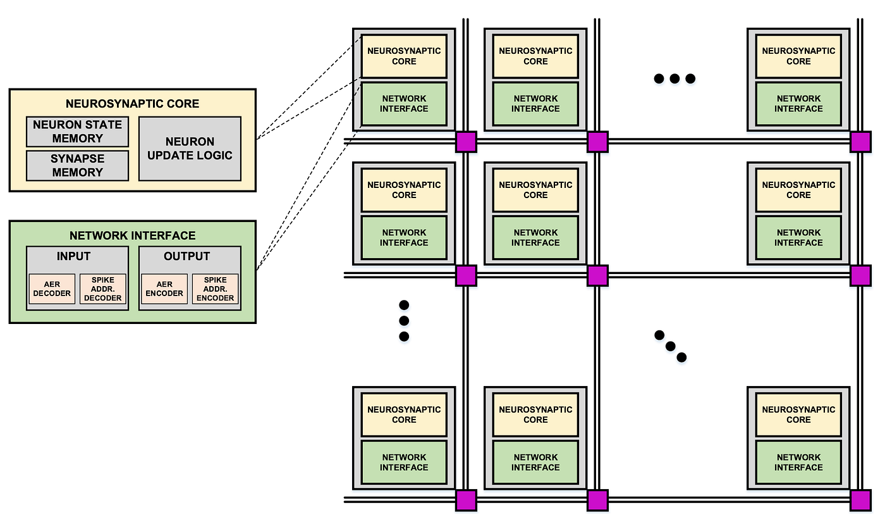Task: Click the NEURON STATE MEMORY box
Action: [77, 132]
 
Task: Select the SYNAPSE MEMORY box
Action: [77, 165]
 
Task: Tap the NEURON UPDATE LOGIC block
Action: [190, 149]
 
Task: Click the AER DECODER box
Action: [52, 289]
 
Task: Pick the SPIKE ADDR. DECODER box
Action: [102, 289]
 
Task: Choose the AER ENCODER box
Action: [164, 289]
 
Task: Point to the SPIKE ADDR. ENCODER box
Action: [215, 289]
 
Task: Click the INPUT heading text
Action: [73, 256]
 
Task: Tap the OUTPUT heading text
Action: [186, 256]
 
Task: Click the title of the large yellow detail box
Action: [132, 104]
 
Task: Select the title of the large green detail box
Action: [132, 235]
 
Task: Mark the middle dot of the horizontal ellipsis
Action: [674, 78]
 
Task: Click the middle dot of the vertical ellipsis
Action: [404, 320]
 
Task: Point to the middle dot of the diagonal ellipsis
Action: [670, 346]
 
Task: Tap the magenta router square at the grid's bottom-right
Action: [860, 500]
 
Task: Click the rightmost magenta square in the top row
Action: [860, 142]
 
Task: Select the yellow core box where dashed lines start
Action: [404, 56]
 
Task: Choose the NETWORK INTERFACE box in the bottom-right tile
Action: [798, 462]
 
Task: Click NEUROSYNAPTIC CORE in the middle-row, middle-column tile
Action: [535, 190]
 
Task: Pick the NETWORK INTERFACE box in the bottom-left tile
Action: [404, 462]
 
